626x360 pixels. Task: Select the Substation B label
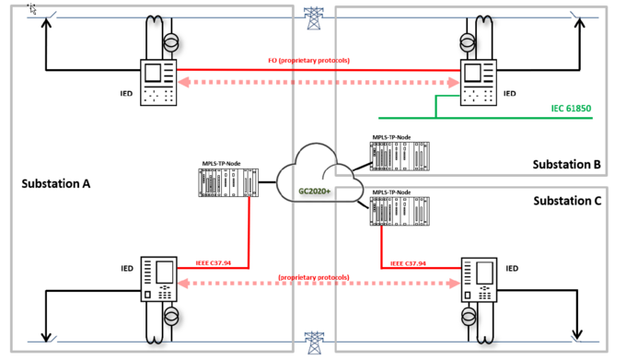tap(566, 165)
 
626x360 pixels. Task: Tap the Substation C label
tap(566, 200)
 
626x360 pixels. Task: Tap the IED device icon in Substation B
tap(477, 81)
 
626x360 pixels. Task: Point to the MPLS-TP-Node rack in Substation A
tap(226, 183)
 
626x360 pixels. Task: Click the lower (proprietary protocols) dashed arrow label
tap(315, 277)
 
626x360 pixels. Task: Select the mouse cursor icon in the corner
tap(33, 8)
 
